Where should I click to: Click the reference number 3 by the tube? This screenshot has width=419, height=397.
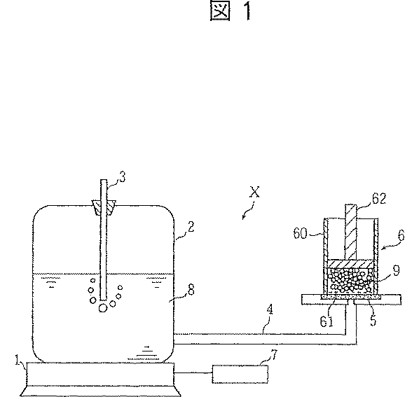pos(123,177)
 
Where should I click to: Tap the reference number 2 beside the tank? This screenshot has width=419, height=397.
pos(191,227)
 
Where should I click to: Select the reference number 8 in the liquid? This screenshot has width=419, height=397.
pos(191,290)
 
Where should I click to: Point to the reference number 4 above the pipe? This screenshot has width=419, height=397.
pos(270,310)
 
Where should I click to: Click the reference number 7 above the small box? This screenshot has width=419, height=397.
pos(274,355)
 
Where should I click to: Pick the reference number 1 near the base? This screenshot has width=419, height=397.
pos(18,360)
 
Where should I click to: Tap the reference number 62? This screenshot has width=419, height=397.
pos(379,199)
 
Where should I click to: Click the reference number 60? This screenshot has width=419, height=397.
pos(301,233)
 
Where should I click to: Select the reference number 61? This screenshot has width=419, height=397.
pos(327,321)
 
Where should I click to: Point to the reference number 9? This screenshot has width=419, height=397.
pos(397,270)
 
